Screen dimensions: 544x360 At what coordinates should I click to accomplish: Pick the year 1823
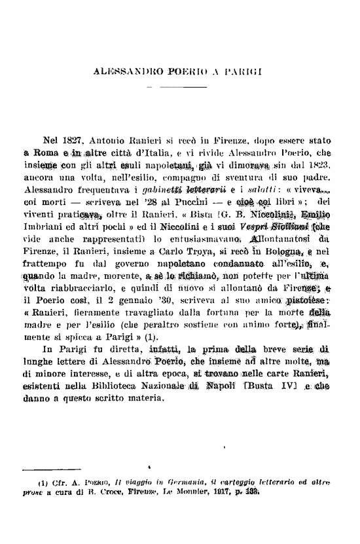click(319, 164)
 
